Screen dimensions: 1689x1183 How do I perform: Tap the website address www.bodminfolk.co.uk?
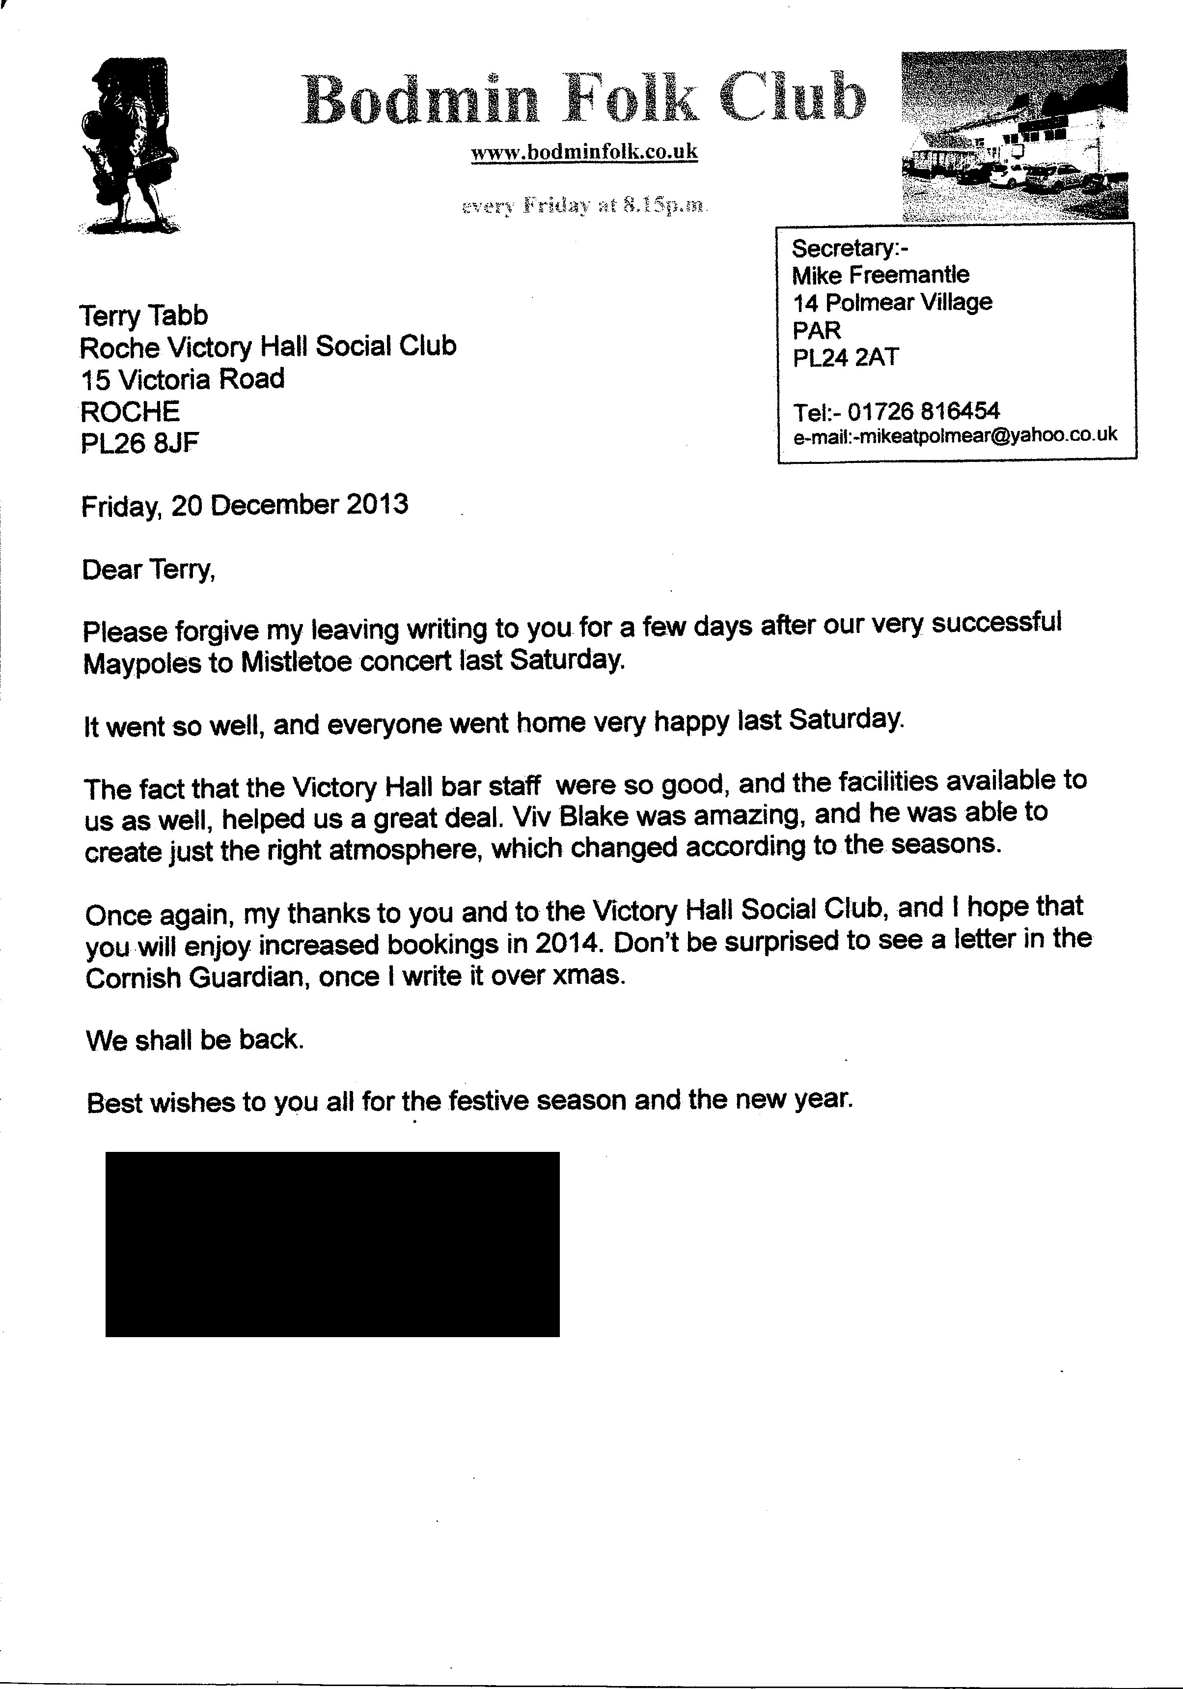pyautogui.click(x=584, y=152)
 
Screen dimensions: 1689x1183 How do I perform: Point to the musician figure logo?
pyautogui.click(x=129, y=145)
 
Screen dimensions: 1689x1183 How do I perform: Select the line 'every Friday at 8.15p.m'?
pyautogui.click(x=584, y=205)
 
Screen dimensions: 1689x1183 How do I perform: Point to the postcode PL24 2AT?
pyautogui.click(x=846, y=358)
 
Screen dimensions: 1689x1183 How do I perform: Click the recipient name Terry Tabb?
pyautogui.click(x=143, y=315)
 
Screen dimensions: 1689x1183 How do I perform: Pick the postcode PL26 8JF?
pyautogui.click(x=139, y=443)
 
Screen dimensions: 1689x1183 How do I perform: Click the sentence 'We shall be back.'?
pyautogui.click(x=195, y=1039)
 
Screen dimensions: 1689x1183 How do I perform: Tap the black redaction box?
pyautogui.click(x=332, y=1244)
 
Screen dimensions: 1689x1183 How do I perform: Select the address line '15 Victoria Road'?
pyautogui.click(x=182, y=379)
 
